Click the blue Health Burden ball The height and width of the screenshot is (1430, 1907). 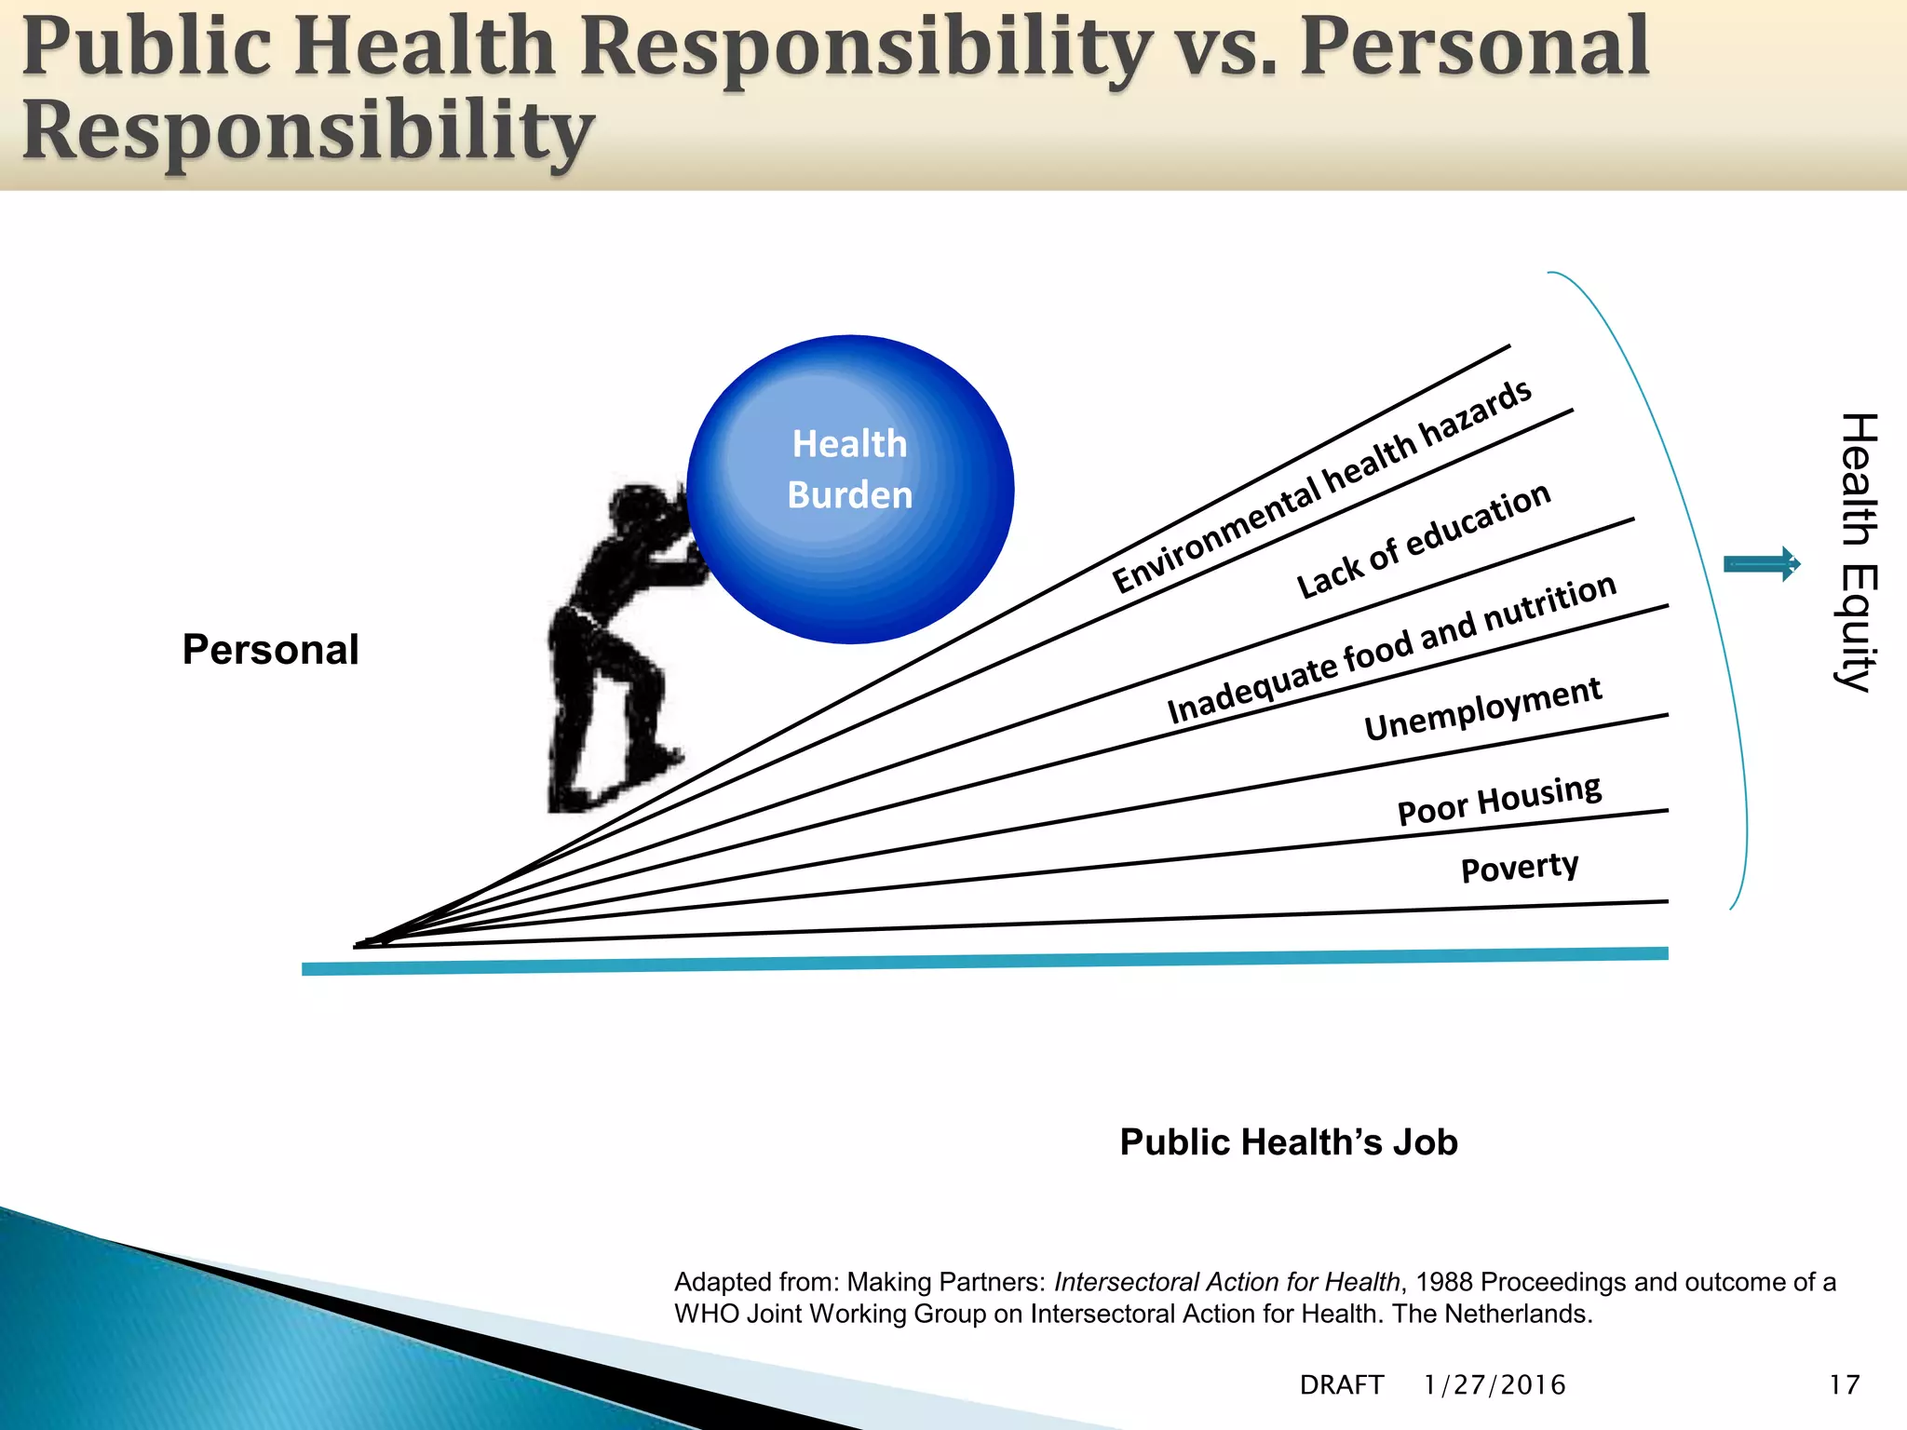(x=850, y=489)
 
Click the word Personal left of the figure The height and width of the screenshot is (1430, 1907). (x=270, y=650)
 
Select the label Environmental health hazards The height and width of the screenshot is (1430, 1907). (x=1322, y=486)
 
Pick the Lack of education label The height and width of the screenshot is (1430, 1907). (x=1423, y=541)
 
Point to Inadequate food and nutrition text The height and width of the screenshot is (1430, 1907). (x=1391, y=649)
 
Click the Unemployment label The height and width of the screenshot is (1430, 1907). (x=1482, y=708)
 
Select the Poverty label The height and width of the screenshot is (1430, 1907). (x=1520, y=868)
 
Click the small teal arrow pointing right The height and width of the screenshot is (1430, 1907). (x=1762, y=564)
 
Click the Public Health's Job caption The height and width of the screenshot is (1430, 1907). (x=1289, y=1142)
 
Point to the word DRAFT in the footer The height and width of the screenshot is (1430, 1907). (x=1342, y=1385)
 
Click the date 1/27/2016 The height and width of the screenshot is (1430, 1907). (x=1494, y=1385)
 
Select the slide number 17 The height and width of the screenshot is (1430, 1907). (x=1844, y=1385)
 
